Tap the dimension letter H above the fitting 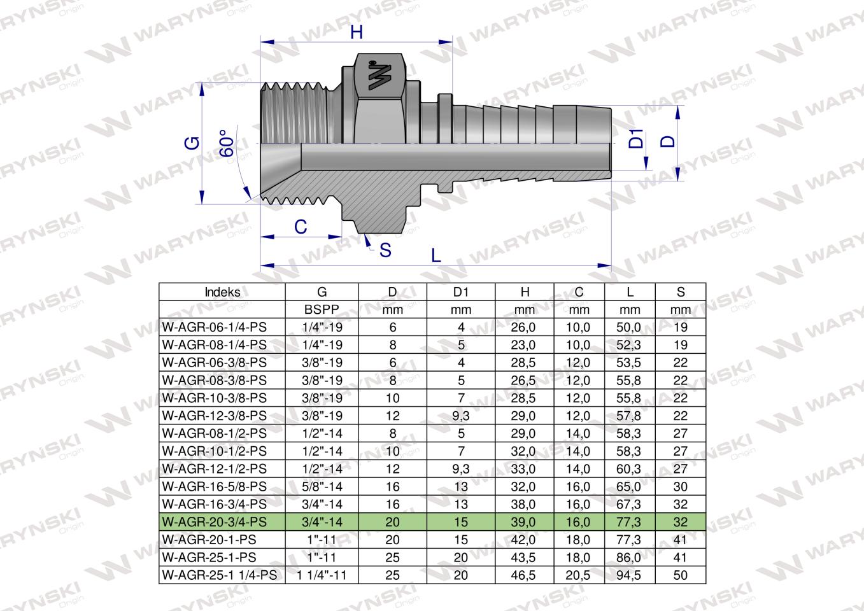pyautogui.click(x=357, y=32)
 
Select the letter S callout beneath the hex pyautogui.click(x=385, y=250)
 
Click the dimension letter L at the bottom pyautogui.click(x=436, y=256)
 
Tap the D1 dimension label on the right pyautogui.click(x=636, y=139)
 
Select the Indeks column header pyautogui.click(x=222, y=292)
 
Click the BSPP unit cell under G pyautogui.click(x=322, y=310)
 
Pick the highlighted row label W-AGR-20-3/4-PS pyautogui.click(x=215, y=522)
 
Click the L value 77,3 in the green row pyautogui.click(x=629, y=522)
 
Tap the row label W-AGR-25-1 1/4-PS pyautogui.click(x=220, y=575)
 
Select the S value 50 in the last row pyautogui.click(x=681, y=575)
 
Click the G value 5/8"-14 pyautogui.click(x=322, y=487)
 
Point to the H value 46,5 pyautogui.click(x=524, y=575)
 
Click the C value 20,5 pyautogui.click(x=578, y=575)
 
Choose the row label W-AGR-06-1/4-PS pyautogui.click(x=215, y=328)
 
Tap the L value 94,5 pyautogui.click(x=629, y=575)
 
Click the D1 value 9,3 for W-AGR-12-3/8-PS pyautogui.click(x=461, y=416)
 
